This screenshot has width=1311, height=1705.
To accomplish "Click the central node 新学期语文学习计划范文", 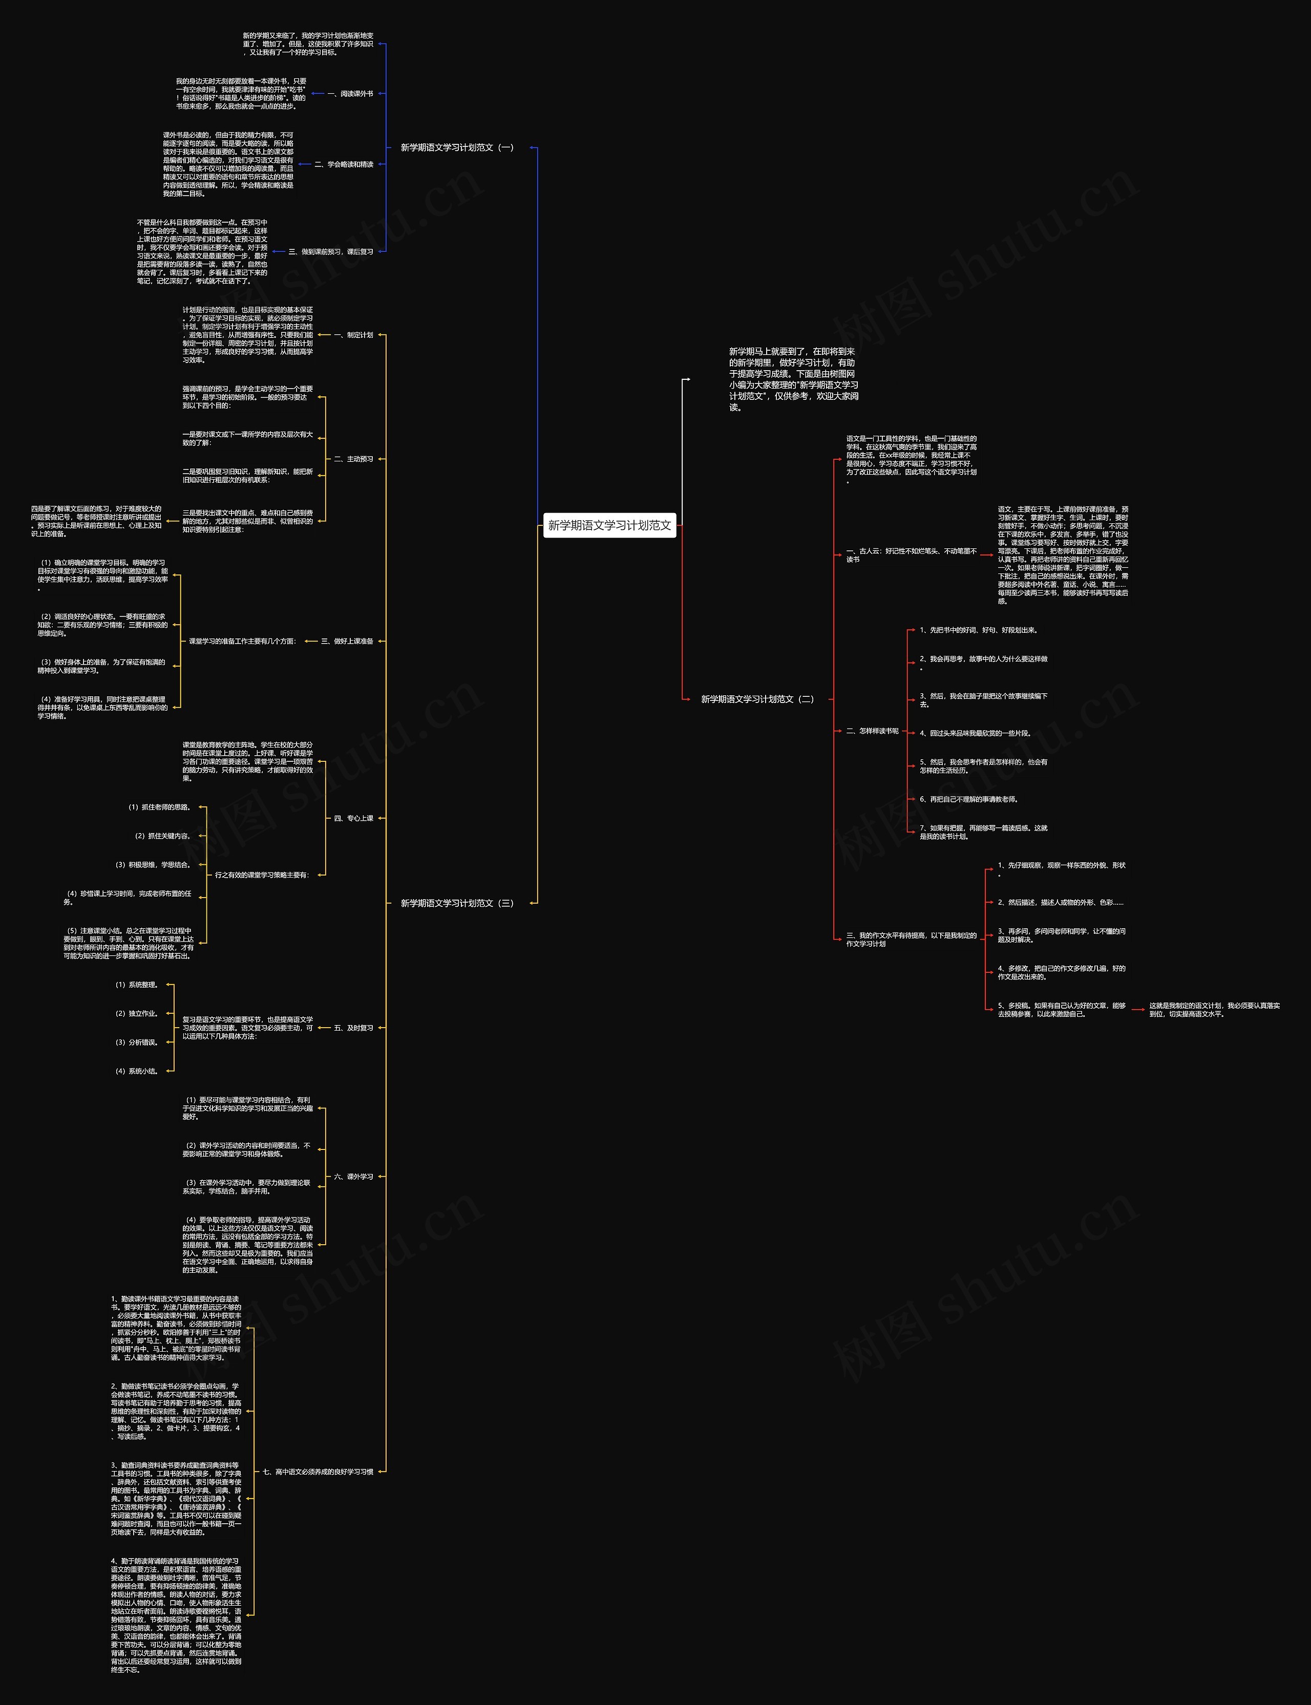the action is click(609, 525).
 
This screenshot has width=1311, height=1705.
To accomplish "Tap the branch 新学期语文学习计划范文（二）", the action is click(757, 699).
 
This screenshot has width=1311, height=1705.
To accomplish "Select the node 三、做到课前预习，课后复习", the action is click(331, 252).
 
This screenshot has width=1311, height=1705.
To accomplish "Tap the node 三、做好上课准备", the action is click(347, 642).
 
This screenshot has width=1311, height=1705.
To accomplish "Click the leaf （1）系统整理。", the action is click(137, 985).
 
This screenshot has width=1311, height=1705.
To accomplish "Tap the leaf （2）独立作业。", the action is click(137, 1014).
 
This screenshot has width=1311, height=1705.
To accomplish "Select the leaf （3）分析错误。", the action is click(137, 1042).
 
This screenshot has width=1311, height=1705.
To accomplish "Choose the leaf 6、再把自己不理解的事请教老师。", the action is click(968, 799).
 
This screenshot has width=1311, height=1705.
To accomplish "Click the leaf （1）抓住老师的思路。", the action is click(160, 807).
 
